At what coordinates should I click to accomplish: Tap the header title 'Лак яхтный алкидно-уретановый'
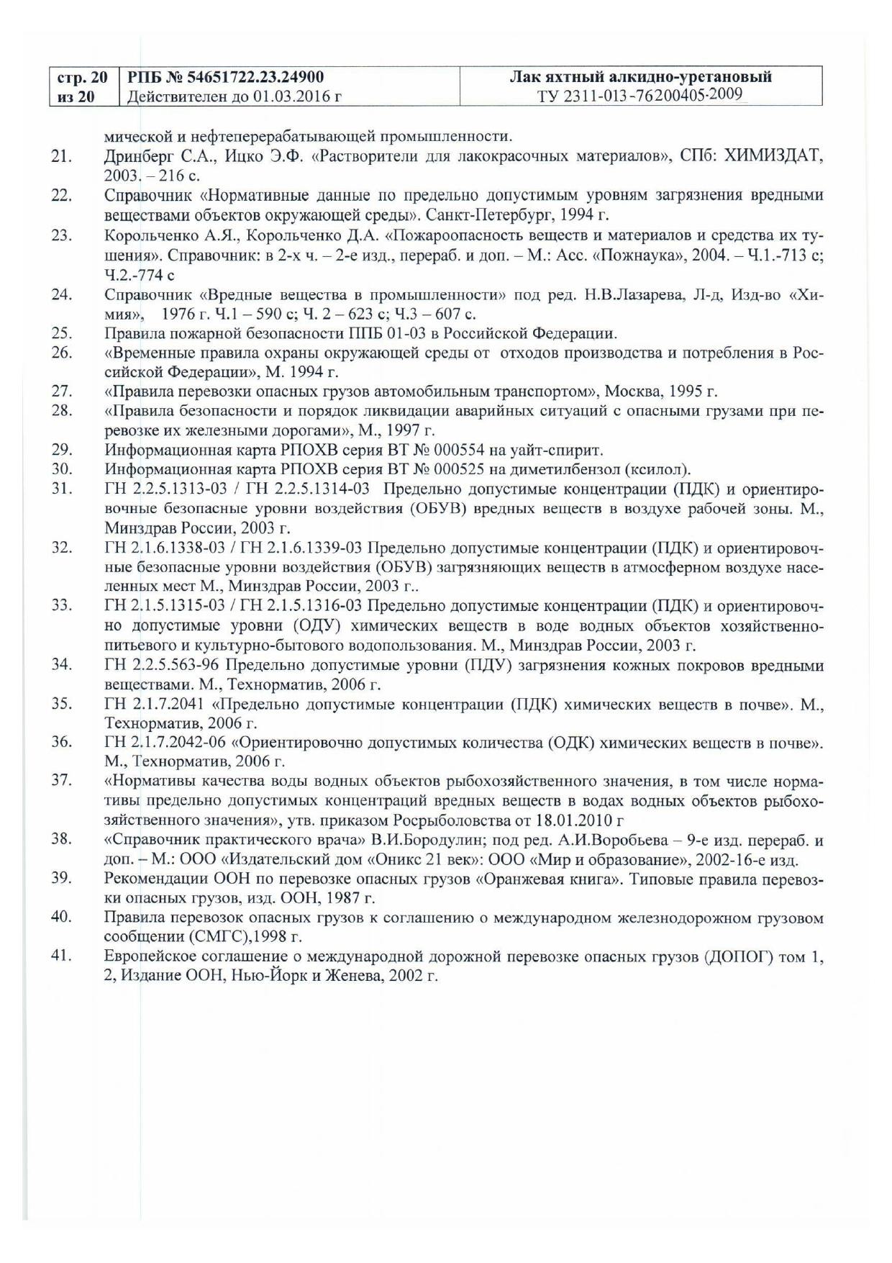[x=640, y=77]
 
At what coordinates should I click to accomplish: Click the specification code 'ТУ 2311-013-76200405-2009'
[x=640, y=96]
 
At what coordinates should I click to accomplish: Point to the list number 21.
[x=61, y=156]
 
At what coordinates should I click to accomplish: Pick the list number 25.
[x=61, y=333]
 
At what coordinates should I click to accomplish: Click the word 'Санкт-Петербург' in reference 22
[x=483, y=214]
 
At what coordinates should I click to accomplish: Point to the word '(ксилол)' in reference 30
[x=660, y=470]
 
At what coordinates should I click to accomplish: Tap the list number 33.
[x=61, y=605]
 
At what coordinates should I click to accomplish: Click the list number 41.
[x=61, y=957]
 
